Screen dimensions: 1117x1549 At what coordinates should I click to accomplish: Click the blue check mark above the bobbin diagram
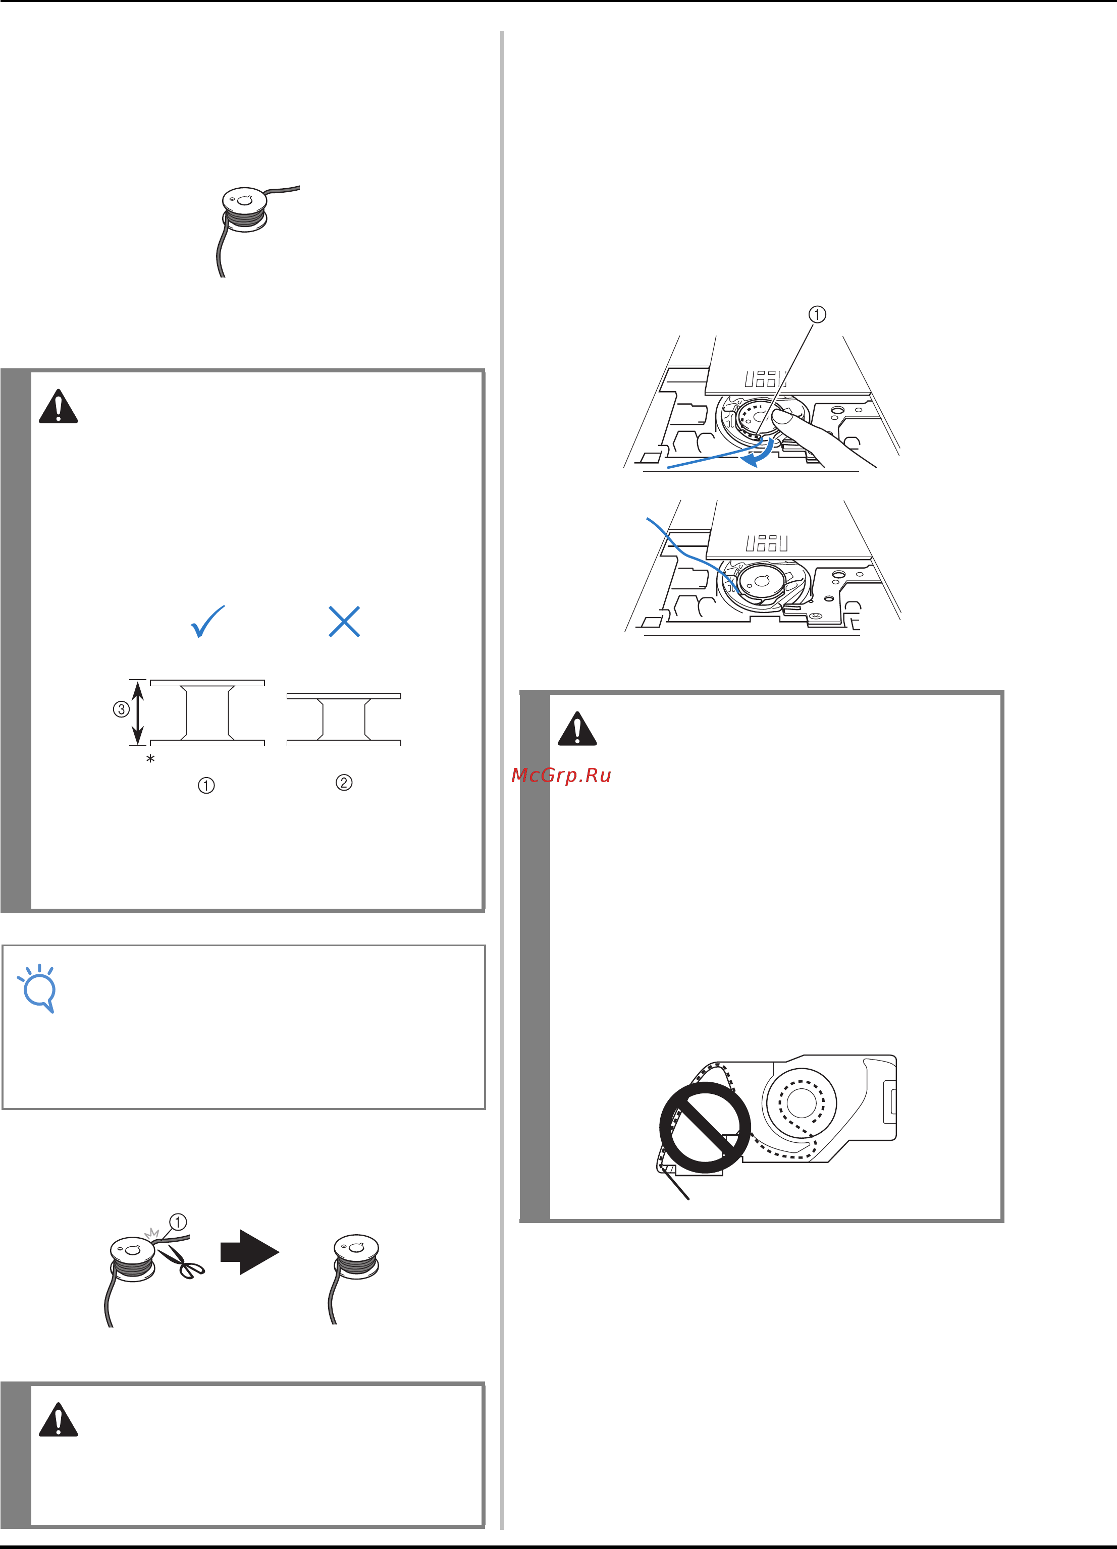click(x=207, y=622)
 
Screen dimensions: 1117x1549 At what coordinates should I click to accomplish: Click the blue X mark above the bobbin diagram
click(x=344, y=622)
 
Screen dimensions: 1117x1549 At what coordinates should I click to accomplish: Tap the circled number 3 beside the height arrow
click(x=121, y=709)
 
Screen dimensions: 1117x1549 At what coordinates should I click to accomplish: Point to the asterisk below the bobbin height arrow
click(x=150, y=759)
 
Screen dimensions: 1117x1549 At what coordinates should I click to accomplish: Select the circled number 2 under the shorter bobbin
click(x=344, y=783)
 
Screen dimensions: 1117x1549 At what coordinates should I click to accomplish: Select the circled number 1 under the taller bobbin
click(x=206, y=786)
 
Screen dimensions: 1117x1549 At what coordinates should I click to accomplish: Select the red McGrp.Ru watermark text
click(x=561, y=775)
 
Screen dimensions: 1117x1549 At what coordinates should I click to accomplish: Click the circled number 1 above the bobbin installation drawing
click(x=817, y=314)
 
